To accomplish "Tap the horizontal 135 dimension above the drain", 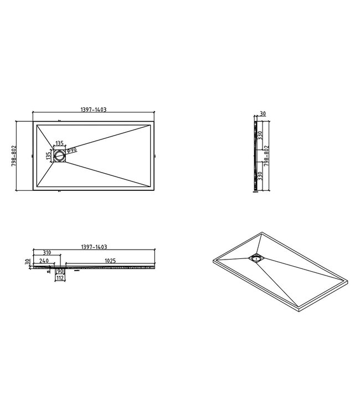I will click(59, 143).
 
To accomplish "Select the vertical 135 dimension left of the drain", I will click(48, 156).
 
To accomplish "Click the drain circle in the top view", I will click(60, 156).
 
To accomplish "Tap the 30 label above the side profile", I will click(263, 114).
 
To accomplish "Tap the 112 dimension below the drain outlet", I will click(59, 278).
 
